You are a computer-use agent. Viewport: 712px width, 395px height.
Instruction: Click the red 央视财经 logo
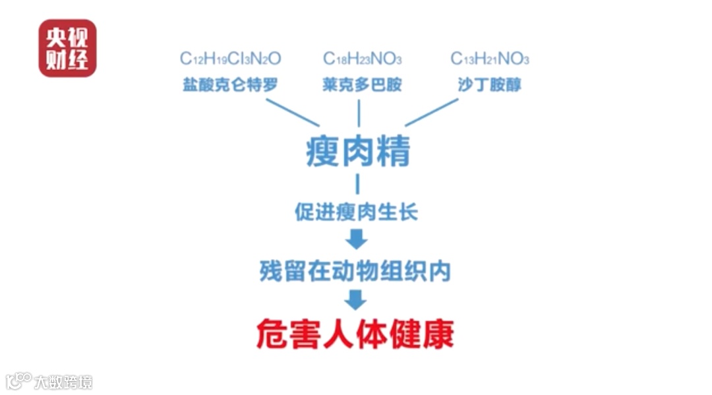tap(67, 48)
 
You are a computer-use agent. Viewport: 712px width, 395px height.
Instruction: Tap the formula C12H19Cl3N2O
tap(231, 59)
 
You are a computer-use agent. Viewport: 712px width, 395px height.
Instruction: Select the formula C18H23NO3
tap(362, 59)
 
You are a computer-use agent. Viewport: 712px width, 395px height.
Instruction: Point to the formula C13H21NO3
tap(490, 59)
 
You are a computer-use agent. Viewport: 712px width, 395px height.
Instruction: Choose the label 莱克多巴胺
tap(362, 85)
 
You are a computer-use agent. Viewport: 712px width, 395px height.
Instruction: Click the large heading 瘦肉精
tap(358, 151)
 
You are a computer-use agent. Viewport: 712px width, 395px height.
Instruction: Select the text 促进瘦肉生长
tap(357, 212)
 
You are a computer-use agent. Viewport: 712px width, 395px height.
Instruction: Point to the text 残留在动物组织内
tap(355, 270)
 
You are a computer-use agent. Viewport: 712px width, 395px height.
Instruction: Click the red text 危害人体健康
tap(355, 334)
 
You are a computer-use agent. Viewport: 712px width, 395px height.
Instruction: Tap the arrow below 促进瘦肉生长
tap(357, 239)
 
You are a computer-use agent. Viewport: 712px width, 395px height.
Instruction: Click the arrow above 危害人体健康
tap(356, 299)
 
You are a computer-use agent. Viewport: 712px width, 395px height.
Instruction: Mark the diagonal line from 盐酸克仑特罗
tap(293, 112)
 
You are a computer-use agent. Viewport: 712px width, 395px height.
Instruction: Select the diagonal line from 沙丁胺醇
tap(431, 112)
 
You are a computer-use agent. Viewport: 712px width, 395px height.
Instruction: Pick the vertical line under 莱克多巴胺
tap(359, 113)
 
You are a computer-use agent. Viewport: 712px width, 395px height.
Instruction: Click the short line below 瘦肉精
tap(358, 184)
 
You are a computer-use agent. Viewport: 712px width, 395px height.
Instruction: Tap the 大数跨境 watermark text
tap(63, 382)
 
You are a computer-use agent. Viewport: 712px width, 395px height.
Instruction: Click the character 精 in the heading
tap(393, 151)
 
